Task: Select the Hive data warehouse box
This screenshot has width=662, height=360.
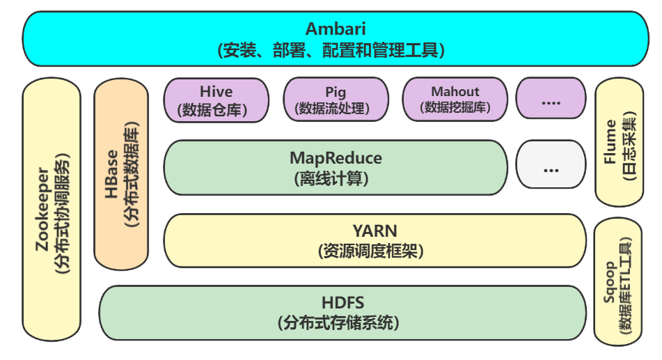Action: (x=216, y=100)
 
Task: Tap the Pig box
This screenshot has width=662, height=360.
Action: (x=335, y=100)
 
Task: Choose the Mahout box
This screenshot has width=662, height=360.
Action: (x=455, y=100)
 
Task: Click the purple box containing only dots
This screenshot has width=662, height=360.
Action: (x=551, y=100)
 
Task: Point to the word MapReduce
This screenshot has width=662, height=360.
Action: (x=335, y=159)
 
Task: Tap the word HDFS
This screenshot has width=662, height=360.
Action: (x=342, y=303)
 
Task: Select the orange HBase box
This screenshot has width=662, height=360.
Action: (x=121, y=174)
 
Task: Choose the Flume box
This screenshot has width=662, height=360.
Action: (x=619, y=143)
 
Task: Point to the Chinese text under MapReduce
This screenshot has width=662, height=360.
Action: (x=335, y=178)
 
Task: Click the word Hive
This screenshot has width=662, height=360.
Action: (x=216, y=91)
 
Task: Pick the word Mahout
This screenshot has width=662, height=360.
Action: (x=455, y=91)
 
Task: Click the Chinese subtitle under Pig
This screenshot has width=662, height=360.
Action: (x=335, y=109)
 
